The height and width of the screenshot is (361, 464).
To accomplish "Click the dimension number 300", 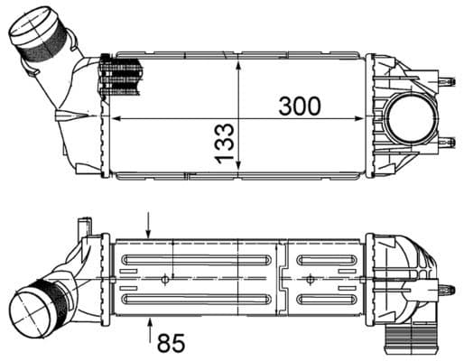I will [x=299, y=105].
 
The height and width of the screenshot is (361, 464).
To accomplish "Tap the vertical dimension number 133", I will [x=225, y=143].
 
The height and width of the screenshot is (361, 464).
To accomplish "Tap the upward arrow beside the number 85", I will [x=150, y=328].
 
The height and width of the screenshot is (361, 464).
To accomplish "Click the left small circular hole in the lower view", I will [x=162, y=279].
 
